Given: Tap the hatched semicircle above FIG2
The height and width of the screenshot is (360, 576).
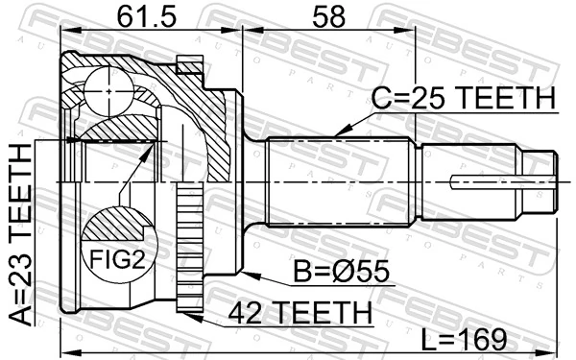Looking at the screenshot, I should pos(116,227).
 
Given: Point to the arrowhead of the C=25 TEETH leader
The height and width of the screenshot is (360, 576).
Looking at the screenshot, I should pos(338,132).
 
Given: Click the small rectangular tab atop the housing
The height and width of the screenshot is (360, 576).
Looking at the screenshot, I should pos(192,65).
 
